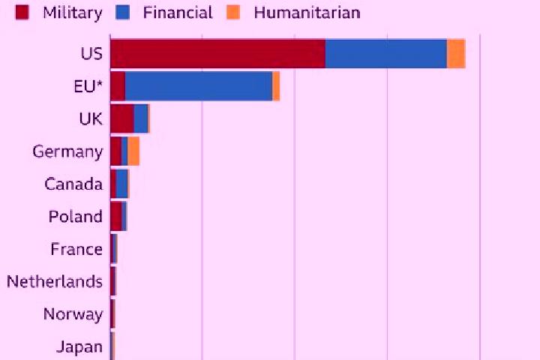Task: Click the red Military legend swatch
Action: [x=22, y=13]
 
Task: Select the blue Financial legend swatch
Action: [x=122, y=13]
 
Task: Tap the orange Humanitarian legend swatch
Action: [x=233, y=13]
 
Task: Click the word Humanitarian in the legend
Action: [x=307, y=13]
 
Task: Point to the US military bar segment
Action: [x=218, y=53]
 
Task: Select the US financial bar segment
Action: [x=386, y=53]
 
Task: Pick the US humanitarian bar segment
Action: [x=456, y=53]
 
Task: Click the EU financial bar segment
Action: [x=199, y=86]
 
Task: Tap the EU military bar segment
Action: [x=118, y=86]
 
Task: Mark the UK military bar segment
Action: [x=122, y=118]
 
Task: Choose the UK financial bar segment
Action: [x=141, y=118]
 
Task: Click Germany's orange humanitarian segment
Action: [x=133, y=151]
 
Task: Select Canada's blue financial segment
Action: [x=122, y=184]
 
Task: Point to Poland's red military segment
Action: [x=116, y=216]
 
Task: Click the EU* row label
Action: [x=88, y=86]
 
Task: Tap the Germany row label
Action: [x=67, y=152]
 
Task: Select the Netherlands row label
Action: [x=55, y=281]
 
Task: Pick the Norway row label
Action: [x=73, y=314]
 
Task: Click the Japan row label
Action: [x=79, y=347]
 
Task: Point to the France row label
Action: [x=76, y=249]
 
